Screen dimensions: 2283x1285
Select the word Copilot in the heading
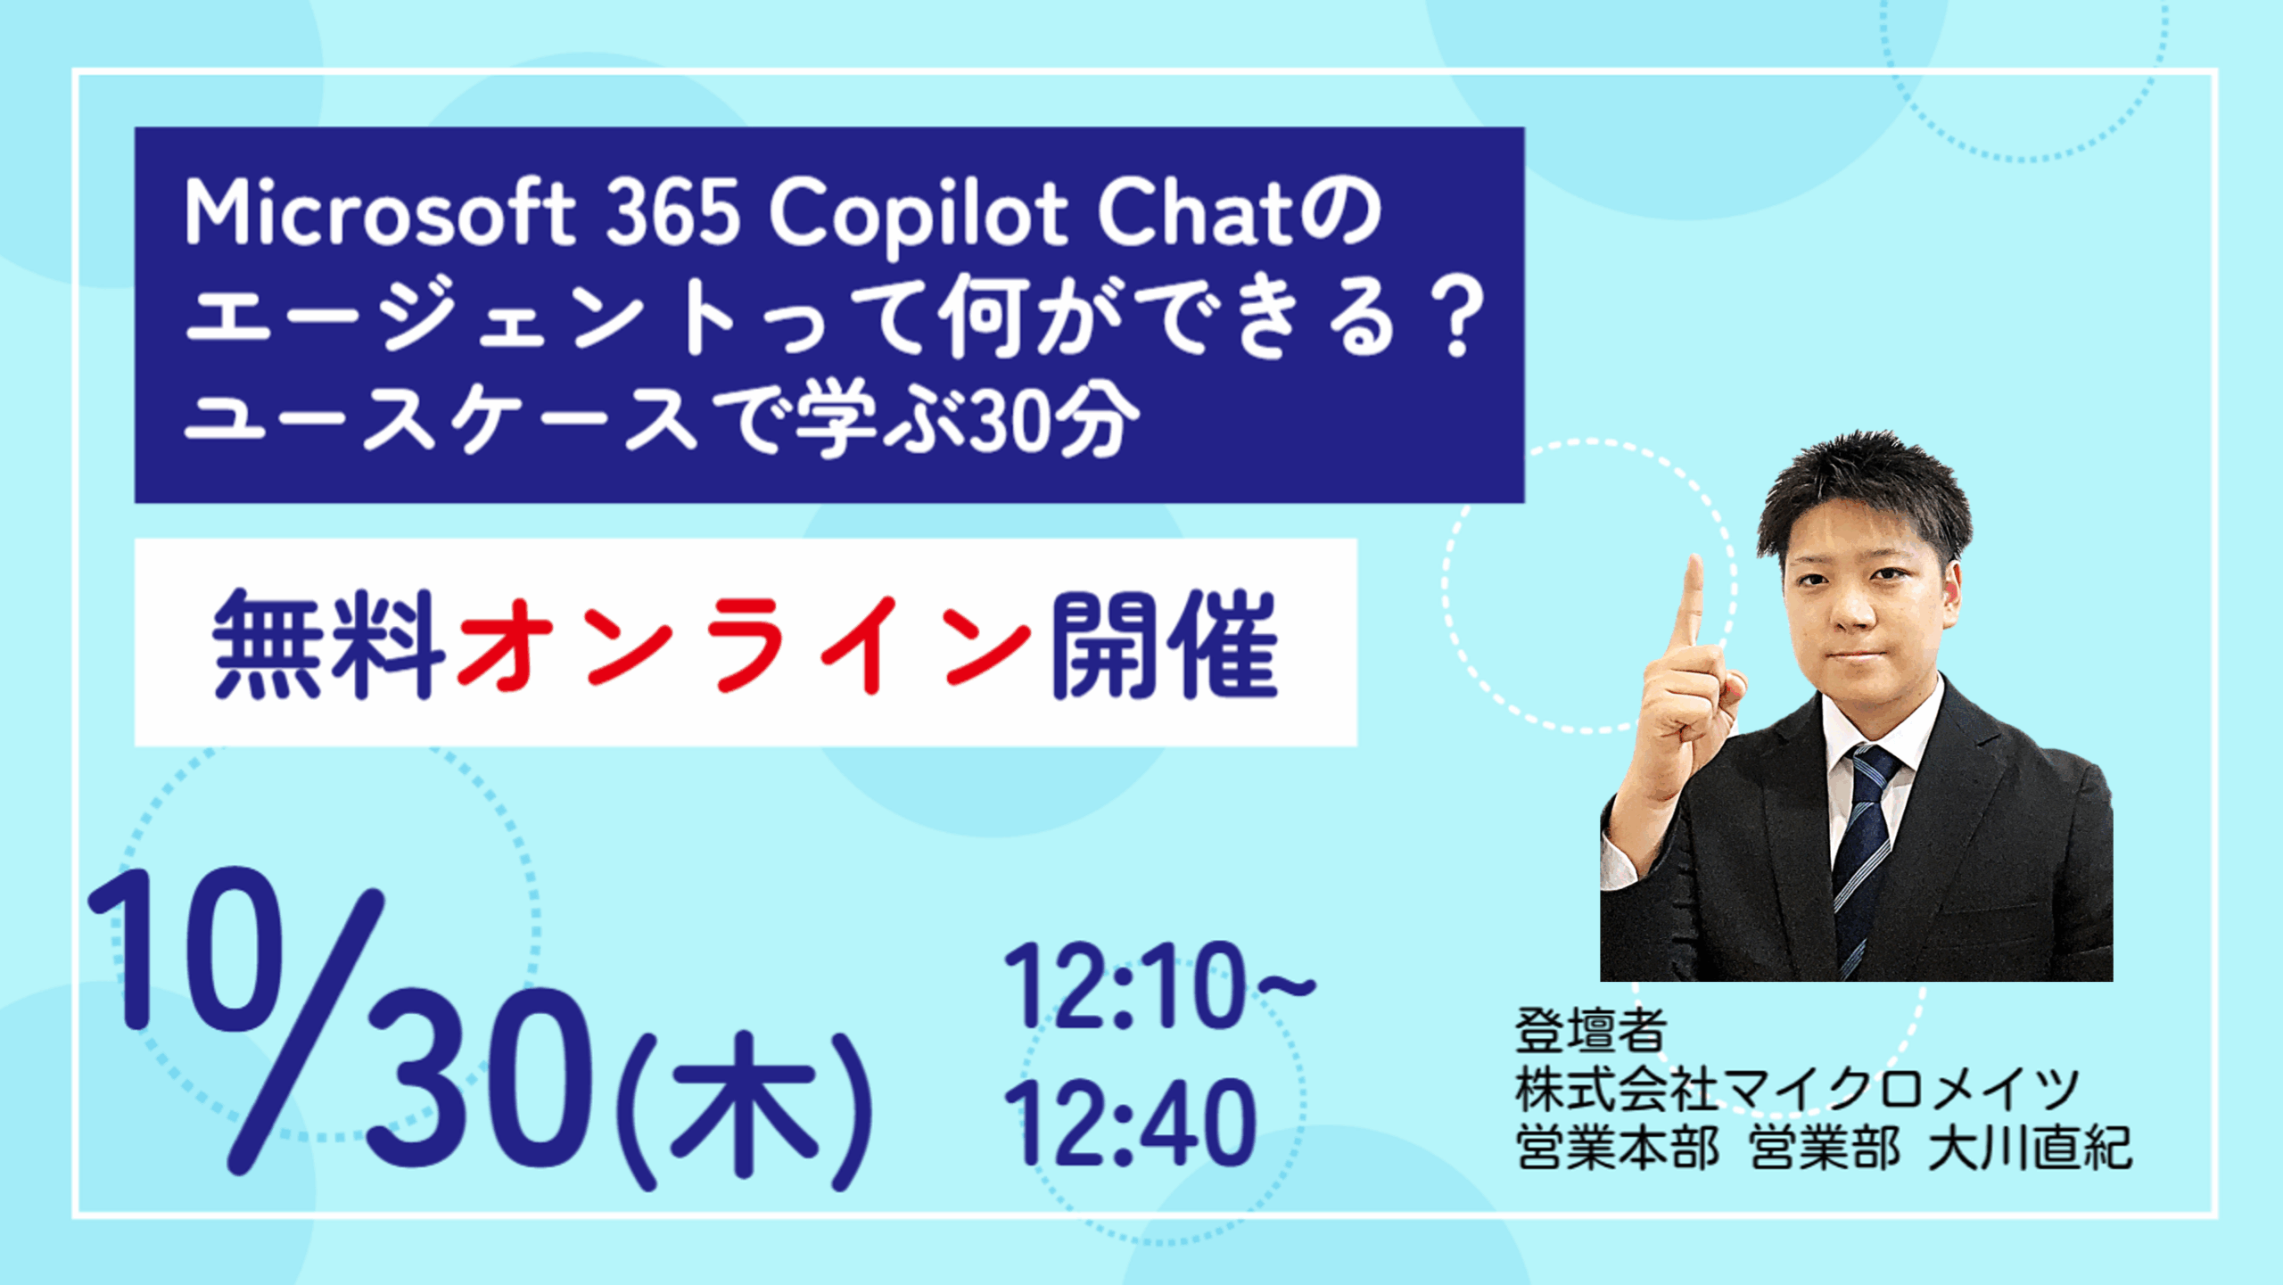coord(919,217)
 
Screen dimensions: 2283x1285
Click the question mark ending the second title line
coord(1457,317)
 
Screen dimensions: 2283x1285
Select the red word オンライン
coord(744,645)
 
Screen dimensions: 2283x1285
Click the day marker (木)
coord(744,1111)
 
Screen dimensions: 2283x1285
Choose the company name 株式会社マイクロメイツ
coord(1796,1089)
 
